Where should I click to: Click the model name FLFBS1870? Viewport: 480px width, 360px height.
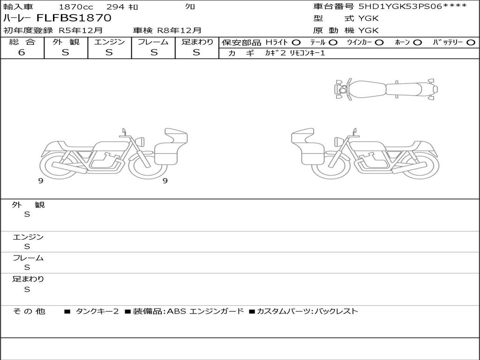coord(74,18)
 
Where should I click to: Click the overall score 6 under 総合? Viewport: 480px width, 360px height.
coord(22,52)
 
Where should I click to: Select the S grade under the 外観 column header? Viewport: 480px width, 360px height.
coord(66,52)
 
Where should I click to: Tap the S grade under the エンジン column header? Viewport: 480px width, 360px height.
coord(109,52)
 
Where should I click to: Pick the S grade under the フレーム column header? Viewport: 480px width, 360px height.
coord(154,52)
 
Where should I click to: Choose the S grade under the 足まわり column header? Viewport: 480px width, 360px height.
coord(196,52)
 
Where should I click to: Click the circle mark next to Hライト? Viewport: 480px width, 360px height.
coord(296,42)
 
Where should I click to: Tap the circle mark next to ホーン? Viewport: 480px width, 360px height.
coord(417,42)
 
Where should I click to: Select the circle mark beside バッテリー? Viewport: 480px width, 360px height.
coord(471,42)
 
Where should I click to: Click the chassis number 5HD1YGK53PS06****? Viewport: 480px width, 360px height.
coord(413,6)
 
